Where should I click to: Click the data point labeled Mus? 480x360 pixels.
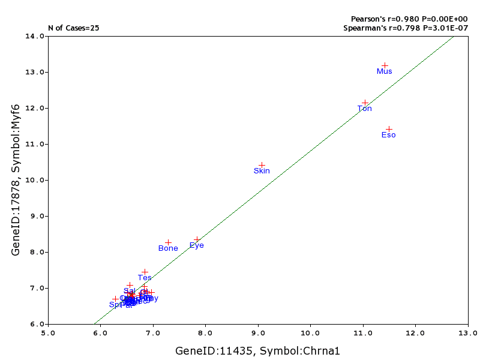coord(385,65)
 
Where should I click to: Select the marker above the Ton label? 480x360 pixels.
coord(365,103)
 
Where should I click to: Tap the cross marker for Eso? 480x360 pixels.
coord(389,129)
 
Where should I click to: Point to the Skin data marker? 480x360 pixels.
coord(262,165)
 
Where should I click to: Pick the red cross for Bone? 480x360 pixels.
coord(168,242)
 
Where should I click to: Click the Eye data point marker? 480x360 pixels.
coord(197,239)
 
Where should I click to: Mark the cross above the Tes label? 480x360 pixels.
coord(145,272)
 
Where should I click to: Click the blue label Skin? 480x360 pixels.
coord(262,171)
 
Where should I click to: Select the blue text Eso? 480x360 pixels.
coord(389,135)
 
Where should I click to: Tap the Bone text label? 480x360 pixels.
coord(168,248)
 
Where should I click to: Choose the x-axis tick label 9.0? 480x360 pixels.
coord(258,332)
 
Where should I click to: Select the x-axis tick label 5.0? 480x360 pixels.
coord(48,332)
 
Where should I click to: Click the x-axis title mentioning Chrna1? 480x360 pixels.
coord(258,350)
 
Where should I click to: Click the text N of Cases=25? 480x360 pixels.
coord(74,28)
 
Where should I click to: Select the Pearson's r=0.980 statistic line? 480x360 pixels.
coord(409,19)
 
